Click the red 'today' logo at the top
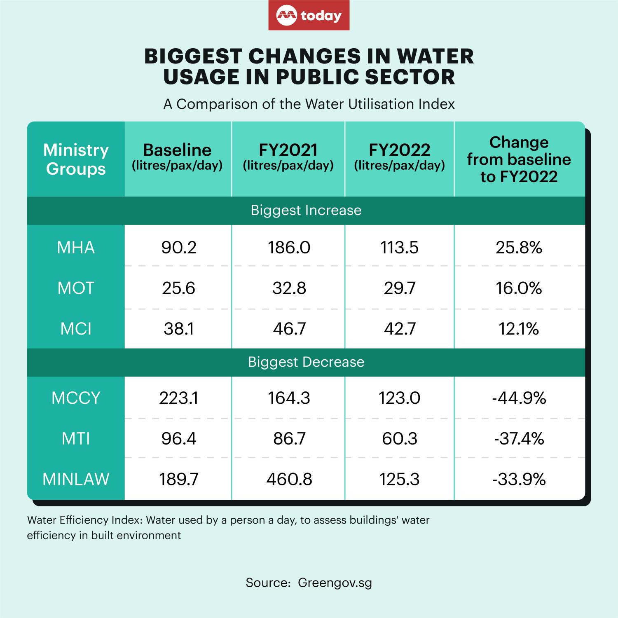309,16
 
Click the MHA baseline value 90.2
178,248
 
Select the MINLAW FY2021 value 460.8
289,479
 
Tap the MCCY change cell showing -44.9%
519,398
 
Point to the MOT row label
76,288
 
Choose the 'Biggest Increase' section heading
306,211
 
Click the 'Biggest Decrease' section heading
306,362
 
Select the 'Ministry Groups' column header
76,159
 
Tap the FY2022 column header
399,157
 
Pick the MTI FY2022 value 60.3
399,439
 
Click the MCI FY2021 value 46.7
289,329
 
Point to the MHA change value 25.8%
519,248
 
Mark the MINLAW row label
76,479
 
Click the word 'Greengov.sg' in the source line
335,583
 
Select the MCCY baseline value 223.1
178,398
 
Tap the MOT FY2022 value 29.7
399,288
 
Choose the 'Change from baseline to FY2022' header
519,159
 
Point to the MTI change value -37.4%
519,439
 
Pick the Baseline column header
177,157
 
